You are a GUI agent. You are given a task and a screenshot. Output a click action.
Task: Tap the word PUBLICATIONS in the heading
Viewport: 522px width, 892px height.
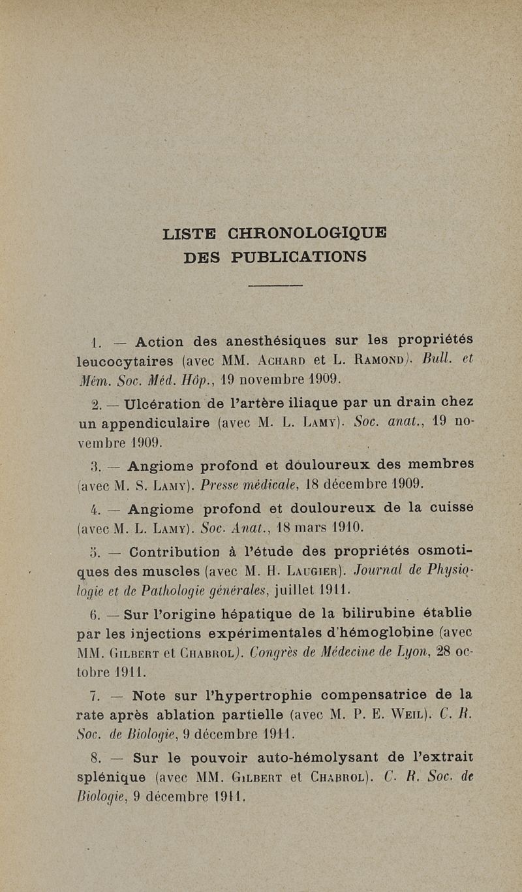299,257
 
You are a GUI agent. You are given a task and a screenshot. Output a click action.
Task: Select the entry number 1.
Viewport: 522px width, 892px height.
96,341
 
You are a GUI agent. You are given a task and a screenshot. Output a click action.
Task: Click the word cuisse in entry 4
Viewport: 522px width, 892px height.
452,507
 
